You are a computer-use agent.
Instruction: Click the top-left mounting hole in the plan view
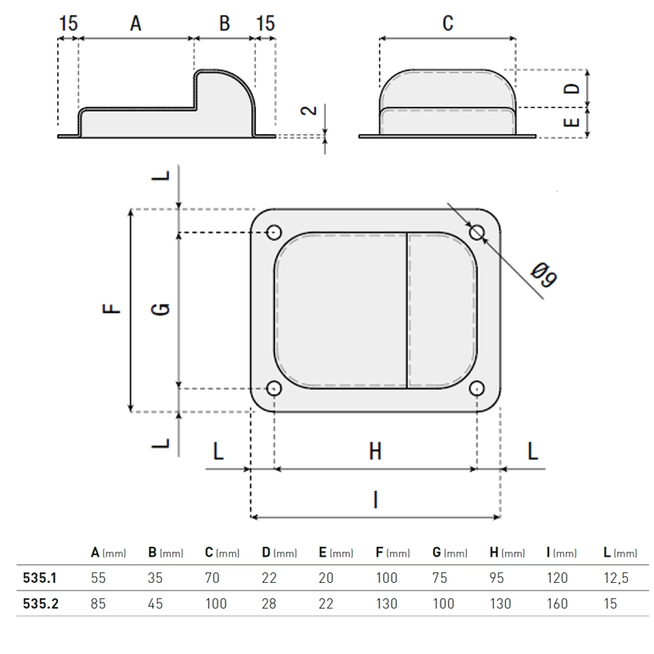click(x=274, y=232)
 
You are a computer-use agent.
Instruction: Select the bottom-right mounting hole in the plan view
click(x=477, y=388)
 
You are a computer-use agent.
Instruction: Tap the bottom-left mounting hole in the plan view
click(x=274, y=388)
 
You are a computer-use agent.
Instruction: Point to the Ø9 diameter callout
click(x=544, y=275)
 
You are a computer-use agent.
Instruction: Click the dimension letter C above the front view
click(x=447, y=24)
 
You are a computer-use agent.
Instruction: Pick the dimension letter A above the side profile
click(x=136, y=24)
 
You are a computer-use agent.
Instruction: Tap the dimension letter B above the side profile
click(x=224, y=24)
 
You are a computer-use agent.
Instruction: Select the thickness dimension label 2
click(x=309, y=110)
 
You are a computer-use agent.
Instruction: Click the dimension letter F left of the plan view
click(x=111, y=308)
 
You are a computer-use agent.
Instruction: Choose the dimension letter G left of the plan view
click(x=160, y=309)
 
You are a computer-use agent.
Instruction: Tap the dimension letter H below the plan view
click(x=375, y=451)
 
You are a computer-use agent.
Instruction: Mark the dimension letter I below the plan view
click(x=376, y=499)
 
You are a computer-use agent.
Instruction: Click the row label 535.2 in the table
click(x=41, y=603)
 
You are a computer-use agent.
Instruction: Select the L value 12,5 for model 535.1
click(x=616, y=578)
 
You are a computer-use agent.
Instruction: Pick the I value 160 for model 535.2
click(x=558, y=603)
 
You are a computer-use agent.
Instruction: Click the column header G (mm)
click(x=450, y=553)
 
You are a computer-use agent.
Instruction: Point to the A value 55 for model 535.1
click(x=98, y=578)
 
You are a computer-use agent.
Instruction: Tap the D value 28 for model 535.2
click(x=269, y=603)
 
